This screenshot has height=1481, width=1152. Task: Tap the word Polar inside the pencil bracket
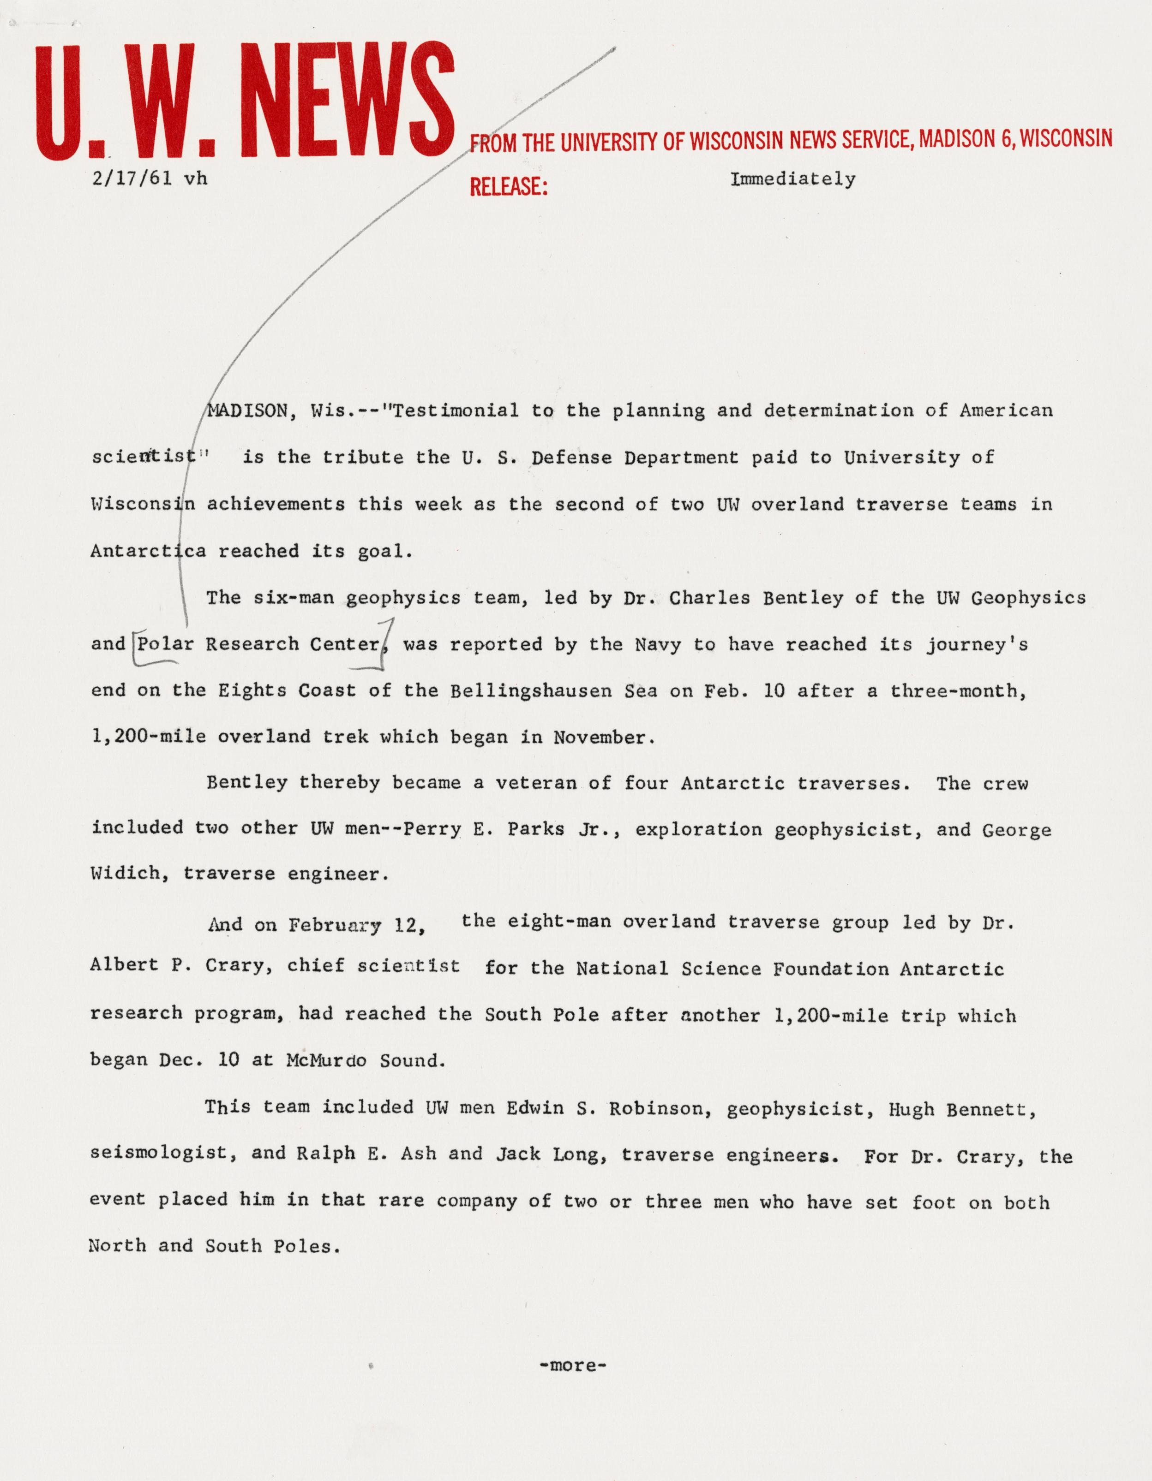point(166,644)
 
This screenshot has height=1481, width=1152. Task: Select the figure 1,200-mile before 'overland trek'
point(149,737)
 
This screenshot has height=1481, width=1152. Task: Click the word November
point(603,737)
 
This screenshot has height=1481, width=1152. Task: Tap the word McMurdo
point(327,1060)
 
